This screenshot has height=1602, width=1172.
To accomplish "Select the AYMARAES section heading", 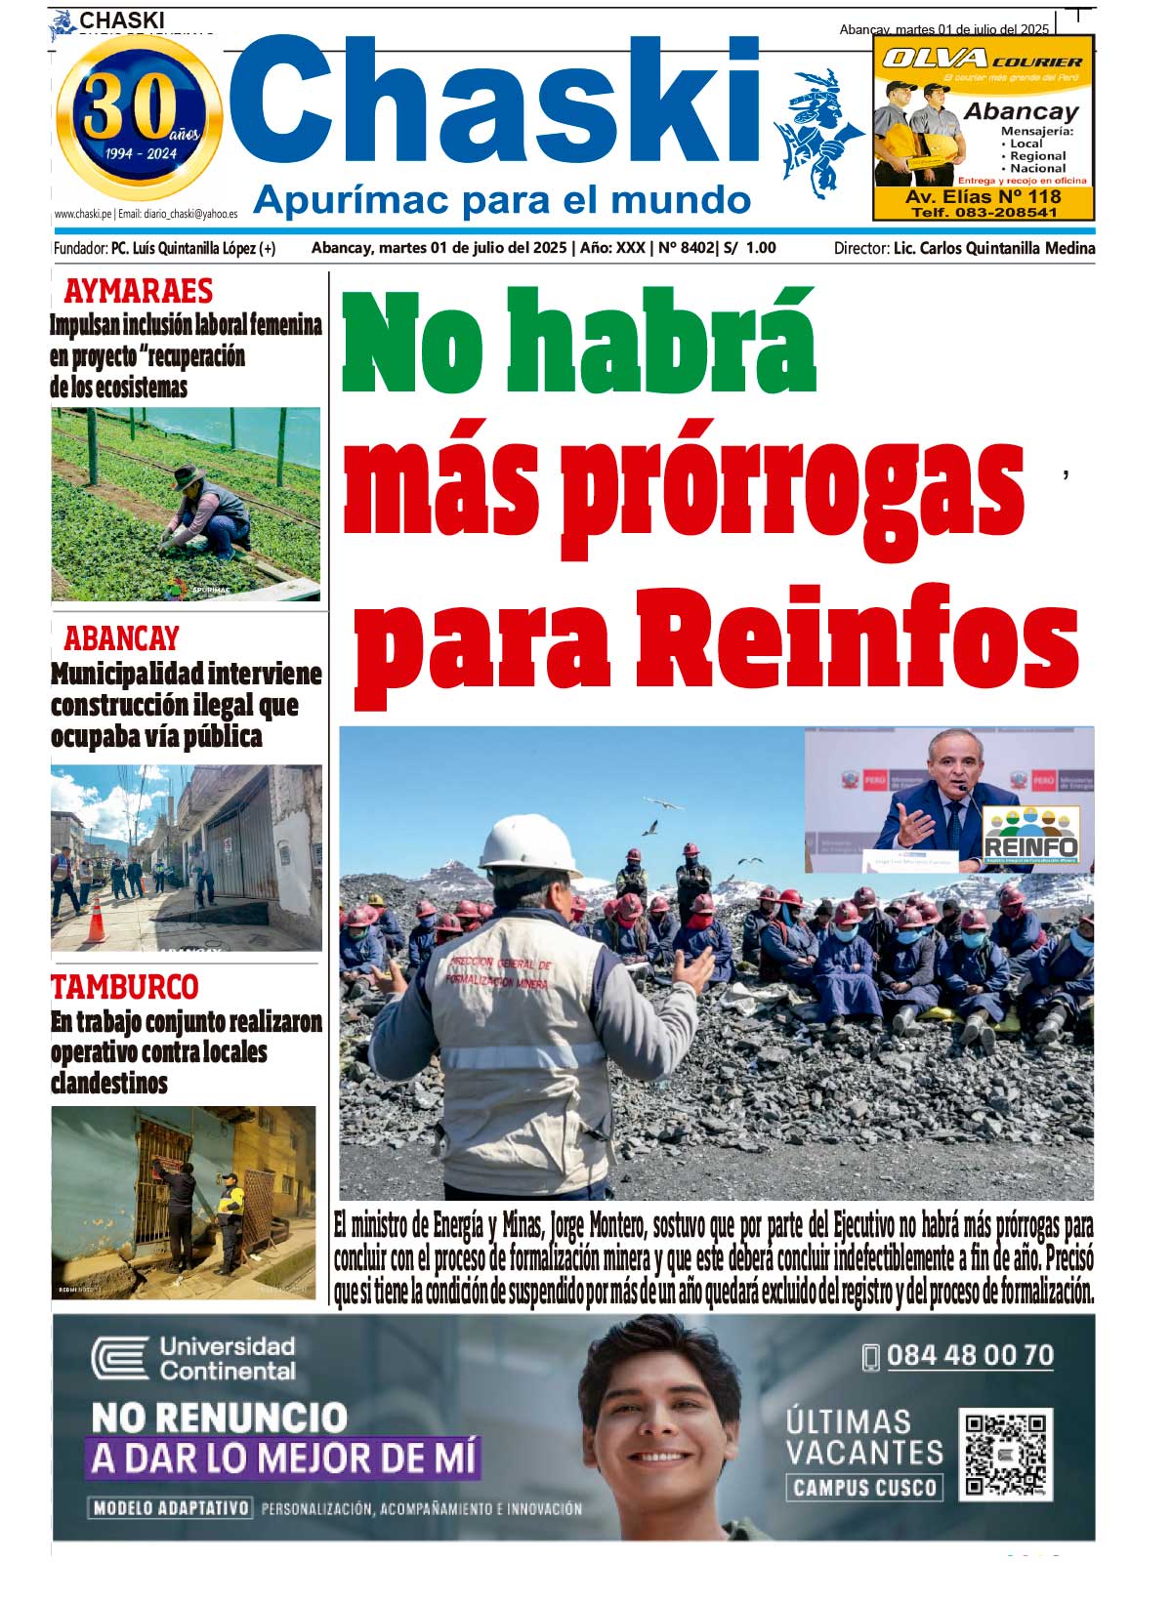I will (x=138, y=291).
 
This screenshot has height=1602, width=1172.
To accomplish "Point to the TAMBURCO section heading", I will (x=124, y=986).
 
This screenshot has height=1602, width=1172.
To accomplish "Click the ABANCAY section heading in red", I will (x=121, y=638).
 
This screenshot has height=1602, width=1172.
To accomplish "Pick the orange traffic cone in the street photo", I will (x=96, y=920).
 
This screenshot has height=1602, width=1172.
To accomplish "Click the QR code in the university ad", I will (x=1005, y=1455).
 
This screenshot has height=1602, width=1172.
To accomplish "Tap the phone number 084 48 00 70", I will (x=969, y=1355).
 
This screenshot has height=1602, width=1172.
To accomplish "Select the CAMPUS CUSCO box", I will (x=864, y=1488).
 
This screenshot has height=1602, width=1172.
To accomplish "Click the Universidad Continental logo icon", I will (x=119, y=1358).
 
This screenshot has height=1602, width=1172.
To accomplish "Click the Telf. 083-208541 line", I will (x=984, y=212).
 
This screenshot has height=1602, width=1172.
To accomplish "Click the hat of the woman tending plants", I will (x=188, y=475).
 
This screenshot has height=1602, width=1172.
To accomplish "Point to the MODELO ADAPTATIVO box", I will (x=171, y=1508).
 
